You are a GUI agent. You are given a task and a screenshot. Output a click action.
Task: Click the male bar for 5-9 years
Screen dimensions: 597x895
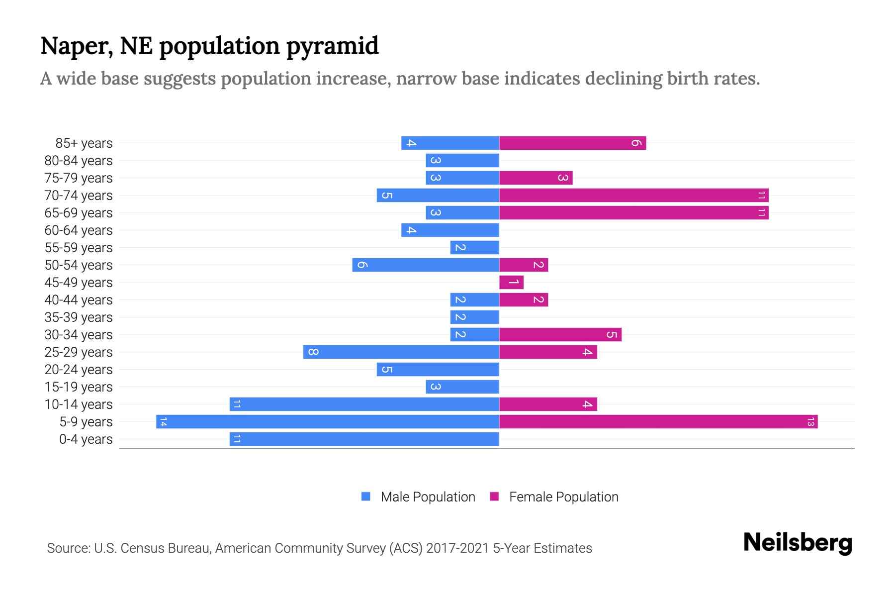click(x=327, y=421)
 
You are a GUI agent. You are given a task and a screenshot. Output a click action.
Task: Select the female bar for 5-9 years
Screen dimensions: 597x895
click(x=658, y=421)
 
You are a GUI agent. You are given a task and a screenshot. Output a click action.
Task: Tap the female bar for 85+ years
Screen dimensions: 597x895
click(x=572, y=143)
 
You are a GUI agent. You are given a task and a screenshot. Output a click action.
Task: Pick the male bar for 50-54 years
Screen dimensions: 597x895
click(x=426, y=265)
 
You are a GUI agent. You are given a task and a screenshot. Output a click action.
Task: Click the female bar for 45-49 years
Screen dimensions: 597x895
click(x=511, y=282)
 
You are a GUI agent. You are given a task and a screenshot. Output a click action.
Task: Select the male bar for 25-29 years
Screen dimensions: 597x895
click(x=401, y=352)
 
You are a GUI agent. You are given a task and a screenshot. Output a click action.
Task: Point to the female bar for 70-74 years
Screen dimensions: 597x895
click(x=633, y=195)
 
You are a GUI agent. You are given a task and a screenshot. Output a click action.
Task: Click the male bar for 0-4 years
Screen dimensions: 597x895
click(x=364, y=439)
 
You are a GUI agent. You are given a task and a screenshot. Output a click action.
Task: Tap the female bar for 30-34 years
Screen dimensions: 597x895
click(x=560, y=334)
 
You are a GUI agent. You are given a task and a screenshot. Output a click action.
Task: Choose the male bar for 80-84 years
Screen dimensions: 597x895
click(x=462, y=160)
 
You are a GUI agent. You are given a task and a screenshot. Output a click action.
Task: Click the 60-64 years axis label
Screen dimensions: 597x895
click(x=79, y=230)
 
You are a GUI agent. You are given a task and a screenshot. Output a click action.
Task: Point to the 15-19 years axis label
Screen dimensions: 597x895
click(x=79, y=387)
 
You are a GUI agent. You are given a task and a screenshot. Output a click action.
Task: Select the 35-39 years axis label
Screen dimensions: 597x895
click(x=79, y=317)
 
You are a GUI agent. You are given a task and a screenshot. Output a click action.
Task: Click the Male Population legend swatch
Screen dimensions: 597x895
click(x=366, y=497)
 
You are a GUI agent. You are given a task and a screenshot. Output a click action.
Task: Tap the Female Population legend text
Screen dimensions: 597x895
click(x=563, y=497)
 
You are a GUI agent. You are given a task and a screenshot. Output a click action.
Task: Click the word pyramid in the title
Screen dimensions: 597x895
click(x=332, y=46)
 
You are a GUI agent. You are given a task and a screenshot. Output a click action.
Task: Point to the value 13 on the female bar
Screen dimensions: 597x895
click(x=810, y=422)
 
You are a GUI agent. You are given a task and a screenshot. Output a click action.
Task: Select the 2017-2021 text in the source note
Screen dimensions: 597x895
click(x=457, y=548)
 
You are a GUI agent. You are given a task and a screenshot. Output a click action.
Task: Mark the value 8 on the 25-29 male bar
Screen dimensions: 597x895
click(x=313, y=352)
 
